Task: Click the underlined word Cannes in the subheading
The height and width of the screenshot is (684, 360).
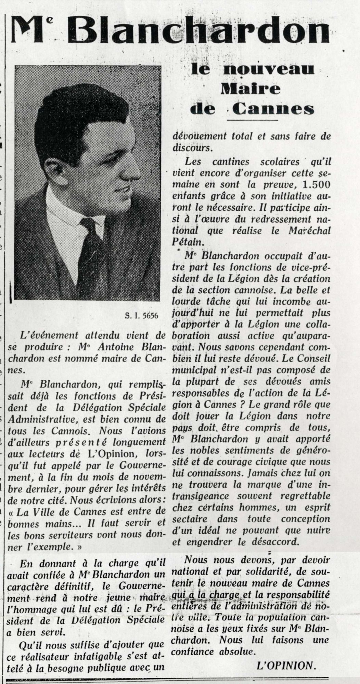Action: [x=273, y=109]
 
